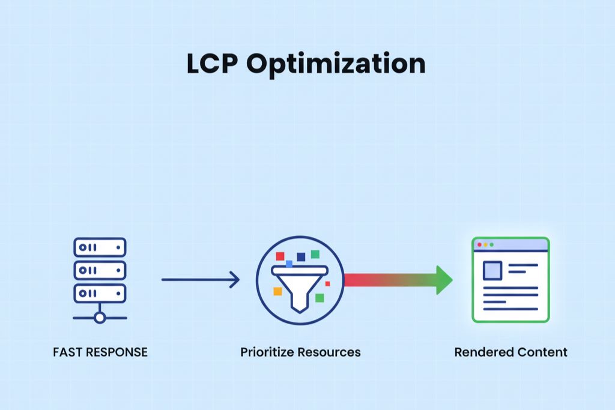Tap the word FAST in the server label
(x=66, y=352)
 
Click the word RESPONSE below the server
(x=115, y=352)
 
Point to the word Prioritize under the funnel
(x=268, y=352)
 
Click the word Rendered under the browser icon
(x=479, y=352)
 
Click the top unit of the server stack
(x=100, y=247)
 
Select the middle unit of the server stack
(x=100, y=270)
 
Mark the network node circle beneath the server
(x=100, y=318)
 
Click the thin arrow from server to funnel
(x=199, y=279)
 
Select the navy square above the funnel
(x=301, y=257)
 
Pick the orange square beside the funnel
(x=277, y=291)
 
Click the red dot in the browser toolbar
(x=479, y=245)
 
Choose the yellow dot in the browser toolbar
(x=486, y=245)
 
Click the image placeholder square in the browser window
(x=492, y=271)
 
